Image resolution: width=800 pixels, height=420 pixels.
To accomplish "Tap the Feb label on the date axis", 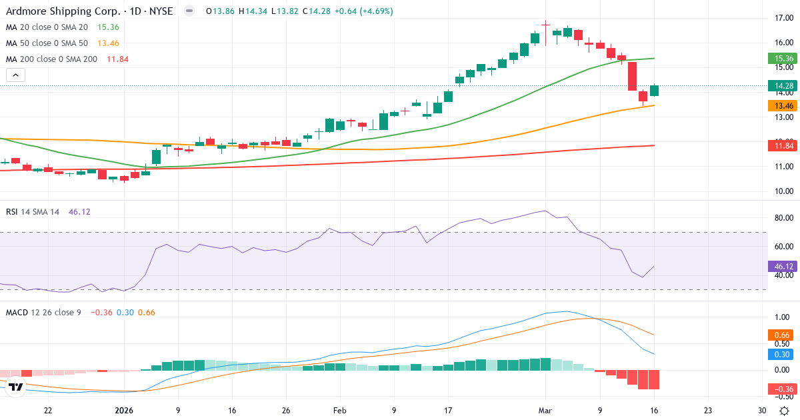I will point(339,411).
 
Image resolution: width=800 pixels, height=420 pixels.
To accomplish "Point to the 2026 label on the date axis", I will point(125,411).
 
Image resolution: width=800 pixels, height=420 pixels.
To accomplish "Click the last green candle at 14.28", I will point(654,91).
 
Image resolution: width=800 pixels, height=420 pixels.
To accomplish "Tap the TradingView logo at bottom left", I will point(17,387).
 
